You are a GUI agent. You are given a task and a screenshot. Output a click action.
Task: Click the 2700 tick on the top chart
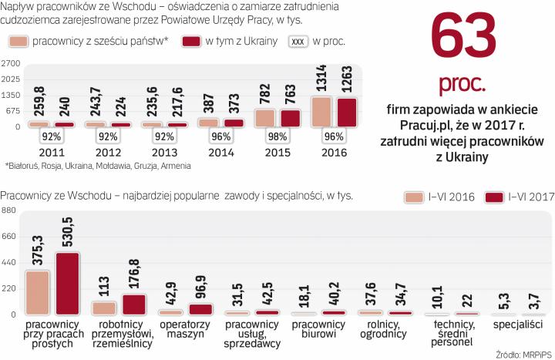pos(11,62)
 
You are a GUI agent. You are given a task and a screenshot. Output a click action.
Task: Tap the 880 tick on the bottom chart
pos(9,210)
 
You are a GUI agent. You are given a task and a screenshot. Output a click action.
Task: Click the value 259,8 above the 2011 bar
pos(37,99)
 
